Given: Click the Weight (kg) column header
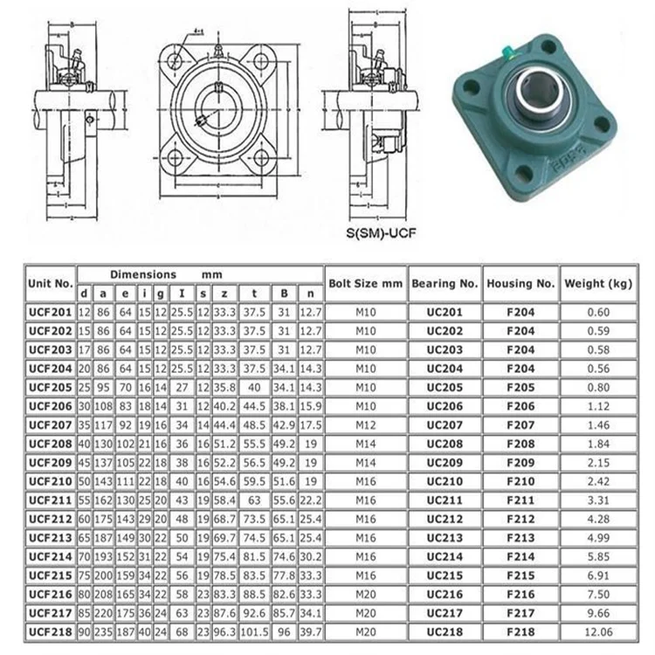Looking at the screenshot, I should click(x=597, y=283).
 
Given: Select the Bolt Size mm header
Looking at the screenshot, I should click(x=365, y=283).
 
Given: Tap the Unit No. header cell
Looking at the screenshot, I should click(x=51, y=283).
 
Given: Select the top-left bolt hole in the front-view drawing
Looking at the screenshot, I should click(x=176, y=60).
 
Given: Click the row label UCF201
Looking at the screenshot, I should click(x=51, y=311).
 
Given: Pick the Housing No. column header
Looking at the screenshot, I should click(x=521, y=283).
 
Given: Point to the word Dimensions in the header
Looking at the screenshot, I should click(x=143, y=274).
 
